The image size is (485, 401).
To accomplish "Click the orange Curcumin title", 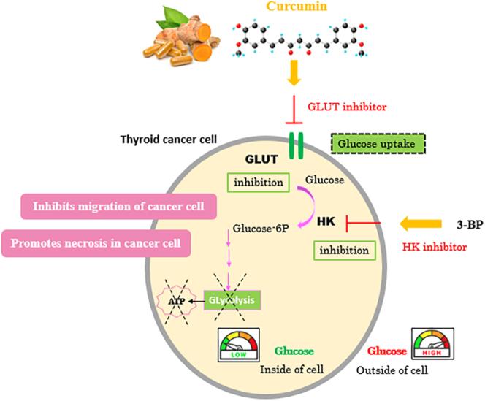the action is pyautogui.click(x=297, y=6).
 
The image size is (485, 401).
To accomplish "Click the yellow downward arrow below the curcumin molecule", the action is pyautogui.click(x=294, y=73).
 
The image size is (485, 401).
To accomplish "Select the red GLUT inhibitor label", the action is pyautogui.click(x=347, y=107).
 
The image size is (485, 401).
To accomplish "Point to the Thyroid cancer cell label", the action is pyautogui.click(x=169, y=140).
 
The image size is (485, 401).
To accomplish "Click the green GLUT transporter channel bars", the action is pyautogui.click(x=296, y=146).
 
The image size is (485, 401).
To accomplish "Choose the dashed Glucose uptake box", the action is pyautogui.click(x=378, y=144).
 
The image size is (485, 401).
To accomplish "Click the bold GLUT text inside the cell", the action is pyautogui.click(x=261, y=159).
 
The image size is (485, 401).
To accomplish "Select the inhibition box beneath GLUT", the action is pyautogui.click(x=259, y=183).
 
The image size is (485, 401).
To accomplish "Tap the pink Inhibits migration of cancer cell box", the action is pyautogui.click(x=118, y=207).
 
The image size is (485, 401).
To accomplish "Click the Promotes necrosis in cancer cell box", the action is pyautogui.click(x=96, y=243).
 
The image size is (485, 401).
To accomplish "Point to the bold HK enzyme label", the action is pyautogui.click(x=326, y=221).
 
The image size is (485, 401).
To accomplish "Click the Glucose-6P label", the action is pyautogui.click(x=261, y=229).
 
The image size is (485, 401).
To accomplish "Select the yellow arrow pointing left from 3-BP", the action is pyautogui.click(x=421, y=224).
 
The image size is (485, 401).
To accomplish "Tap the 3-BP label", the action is pyautogui.click(x=470, y=225).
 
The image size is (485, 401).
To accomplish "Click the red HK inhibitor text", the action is pyautogui.click(x=435, y=247).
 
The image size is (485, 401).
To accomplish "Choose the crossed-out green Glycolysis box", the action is pyautogui.click(x=232, y=300).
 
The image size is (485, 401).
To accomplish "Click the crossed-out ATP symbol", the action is pyautogui.click(x=176, y=301).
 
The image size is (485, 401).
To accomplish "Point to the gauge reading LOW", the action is pyautogui.click(x=238, y=345).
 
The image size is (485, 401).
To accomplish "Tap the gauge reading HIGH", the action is pyautogui.click(x=432, y=344).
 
